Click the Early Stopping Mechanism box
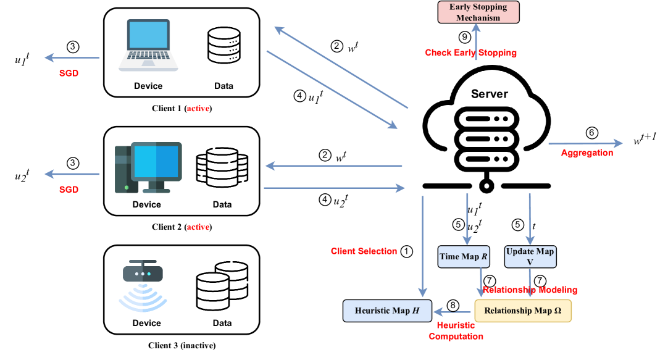point(479,12)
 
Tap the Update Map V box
point(530,256)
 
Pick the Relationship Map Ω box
point(523,310)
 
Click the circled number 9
point(464,37)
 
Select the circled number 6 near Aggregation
point(591,133)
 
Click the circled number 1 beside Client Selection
point(406,251)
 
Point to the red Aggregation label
point(587,152)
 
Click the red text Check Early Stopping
point(470,52)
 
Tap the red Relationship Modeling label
point(530,289)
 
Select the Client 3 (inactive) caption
point(182,345)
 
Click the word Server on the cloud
point(490,94)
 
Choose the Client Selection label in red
point(364,251)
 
